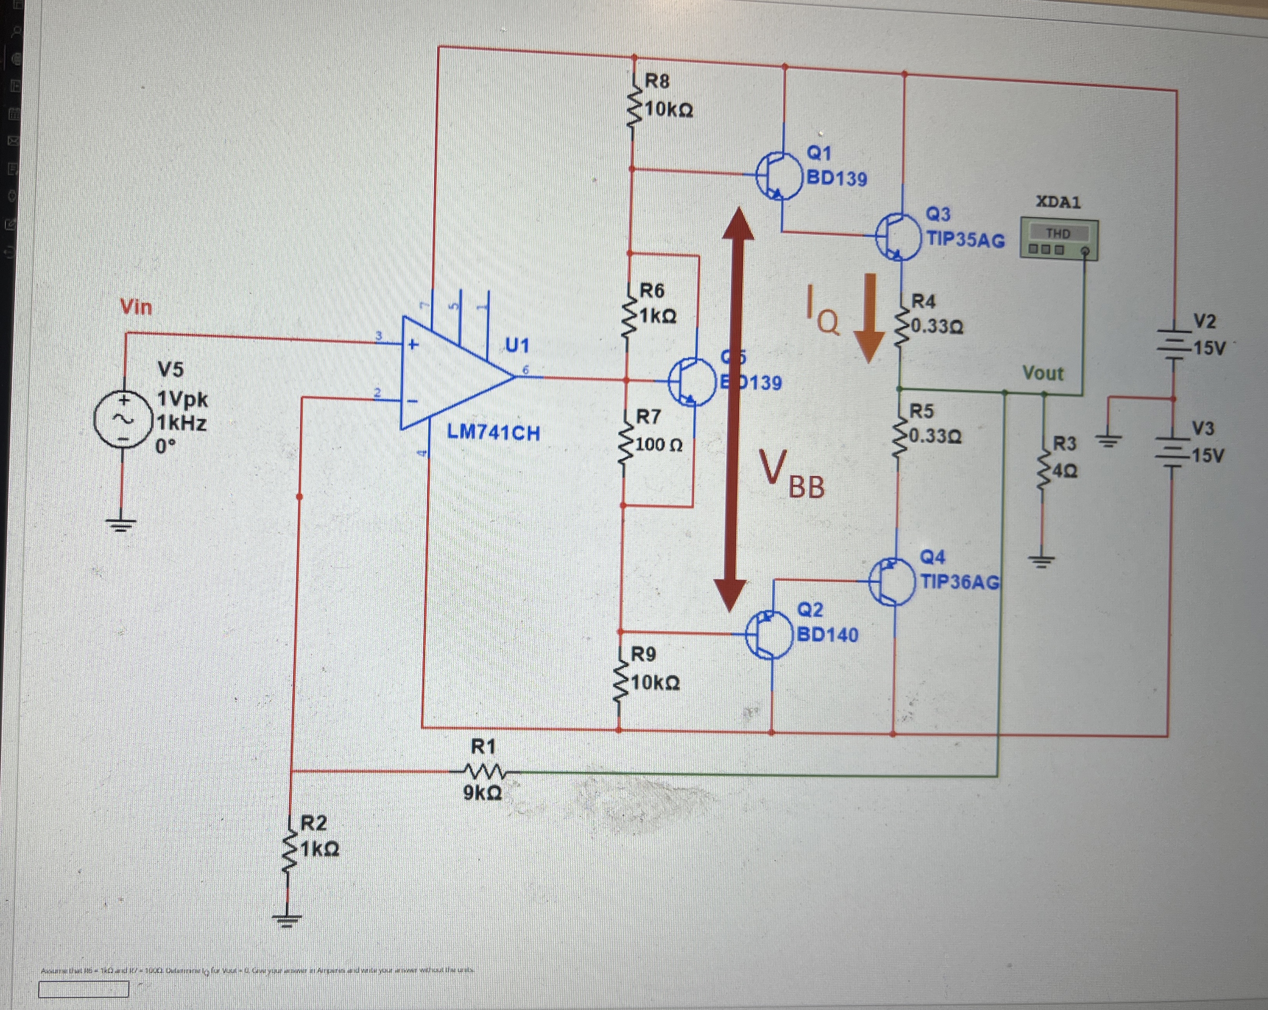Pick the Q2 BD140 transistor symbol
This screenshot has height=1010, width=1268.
[x=769, y=635]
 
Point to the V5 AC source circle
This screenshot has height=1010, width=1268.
[x=124, y=419]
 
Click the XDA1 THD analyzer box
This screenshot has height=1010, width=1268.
[x=1059, y=239]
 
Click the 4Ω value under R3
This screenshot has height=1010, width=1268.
[x=1065, y=471]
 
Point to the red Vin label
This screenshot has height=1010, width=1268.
[x=136, y=307]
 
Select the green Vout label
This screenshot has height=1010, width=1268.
[x=1043, y=373]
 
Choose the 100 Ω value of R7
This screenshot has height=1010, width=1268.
[x=659, y=444]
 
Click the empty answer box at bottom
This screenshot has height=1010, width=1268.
[x=83, y=989]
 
